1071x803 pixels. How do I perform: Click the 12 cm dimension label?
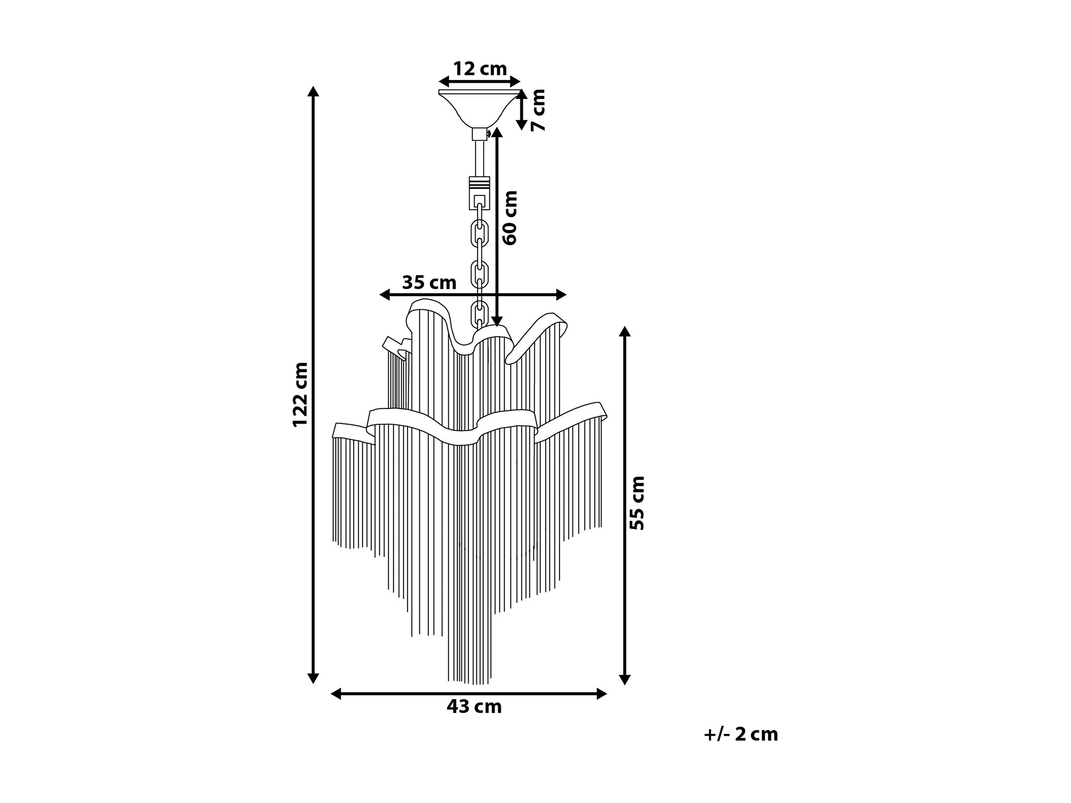coord(480,69)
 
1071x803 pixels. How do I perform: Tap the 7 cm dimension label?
coord(538,110)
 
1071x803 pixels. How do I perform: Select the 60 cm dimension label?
coord(510,218)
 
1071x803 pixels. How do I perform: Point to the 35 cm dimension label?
coord(429,282)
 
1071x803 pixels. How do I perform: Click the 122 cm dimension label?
coord(300,395)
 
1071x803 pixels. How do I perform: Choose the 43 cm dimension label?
coord(474,707)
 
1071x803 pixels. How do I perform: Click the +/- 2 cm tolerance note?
coord(741,734)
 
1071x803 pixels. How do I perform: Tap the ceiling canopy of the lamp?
coord(479,108)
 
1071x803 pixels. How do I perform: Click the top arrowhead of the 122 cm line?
coord(313,92)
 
